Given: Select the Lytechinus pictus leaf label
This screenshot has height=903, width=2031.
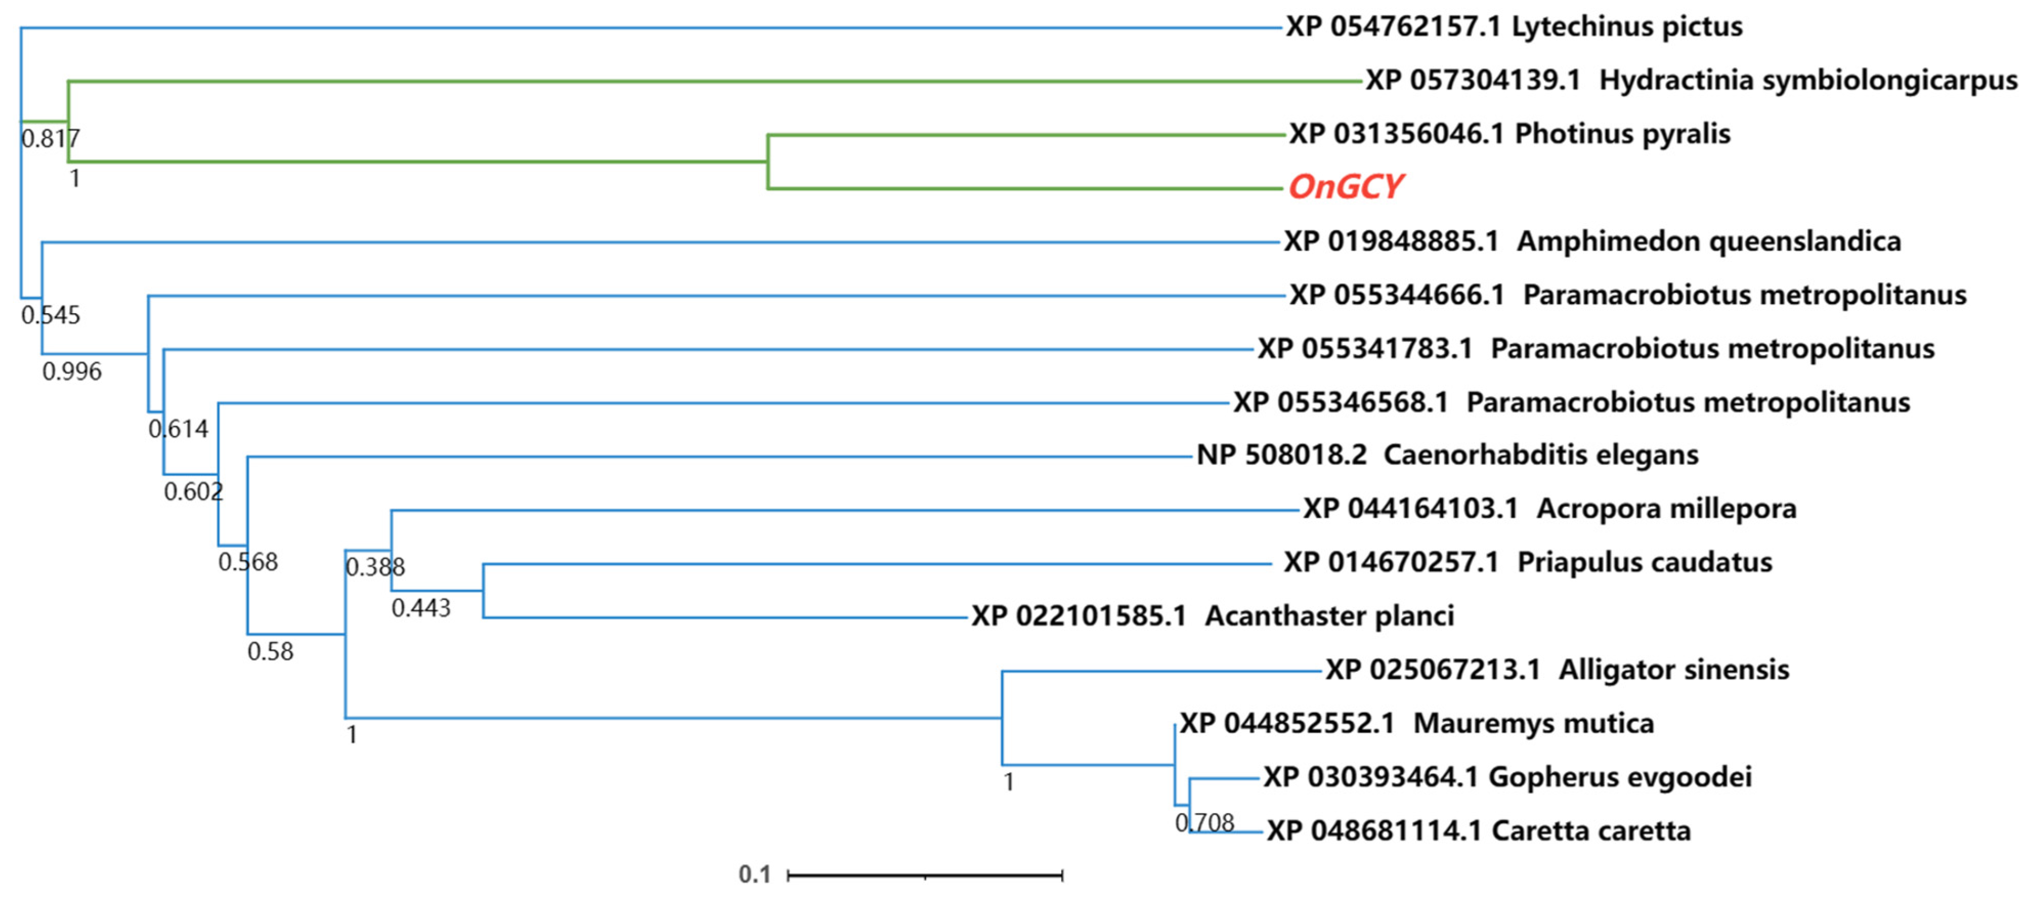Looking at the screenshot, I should click(1514, 27).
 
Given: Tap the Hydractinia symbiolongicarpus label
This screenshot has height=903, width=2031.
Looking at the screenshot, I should click(1691, 80).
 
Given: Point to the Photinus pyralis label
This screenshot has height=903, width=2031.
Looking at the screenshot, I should click(1510, 134).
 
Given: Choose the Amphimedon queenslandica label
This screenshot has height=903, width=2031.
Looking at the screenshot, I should click(1593, 241).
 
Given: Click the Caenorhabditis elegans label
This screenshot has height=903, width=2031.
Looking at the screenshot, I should click(1447, 455).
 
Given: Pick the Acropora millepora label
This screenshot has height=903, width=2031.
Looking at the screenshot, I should click(1549, 509).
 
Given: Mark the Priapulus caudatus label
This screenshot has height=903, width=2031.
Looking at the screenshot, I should click(1528, 563).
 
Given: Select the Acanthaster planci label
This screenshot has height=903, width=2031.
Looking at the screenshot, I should click(1213, 616).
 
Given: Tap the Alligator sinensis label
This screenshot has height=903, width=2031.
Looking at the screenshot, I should click(1557, 670).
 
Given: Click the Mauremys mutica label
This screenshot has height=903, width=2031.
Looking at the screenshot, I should click(1417, 723).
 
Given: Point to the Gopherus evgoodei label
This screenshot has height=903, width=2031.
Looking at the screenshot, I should click(1507, 778).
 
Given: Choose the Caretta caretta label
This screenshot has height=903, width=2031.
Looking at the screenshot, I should click(1478, 831).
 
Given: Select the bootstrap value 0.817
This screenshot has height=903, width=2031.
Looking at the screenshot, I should click(51, 139).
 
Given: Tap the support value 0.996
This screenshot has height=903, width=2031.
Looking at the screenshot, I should click(72, 371).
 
